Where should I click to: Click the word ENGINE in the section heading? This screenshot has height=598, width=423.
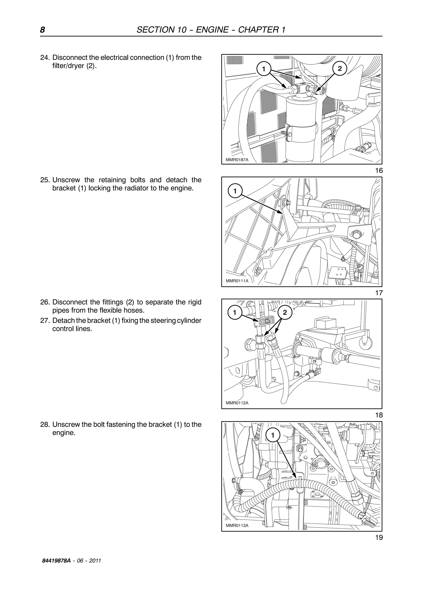pos(212,30)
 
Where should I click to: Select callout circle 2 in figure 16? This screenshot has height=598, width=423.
pos(339,69)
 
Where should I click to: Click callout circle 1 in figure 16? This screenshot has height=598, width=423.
pos(264,69)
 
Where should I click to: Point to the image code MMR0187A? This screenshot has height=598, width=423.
pos(237,160)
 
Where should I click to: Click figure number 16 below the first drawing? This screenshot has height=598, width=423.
pos(379,171)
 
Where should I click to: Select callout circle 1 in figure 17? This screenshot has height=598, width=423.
pos(235,191)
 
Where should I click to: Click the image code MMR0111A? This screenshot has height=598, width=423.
pos(237,281)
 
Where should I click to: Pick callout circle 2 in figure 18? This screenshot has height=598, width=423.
pos(285,312)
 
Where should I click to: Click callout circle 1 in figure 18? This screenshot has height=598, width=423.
pos(235,312)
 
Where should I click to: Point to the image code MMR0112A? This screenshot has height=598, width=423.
pos(237,403)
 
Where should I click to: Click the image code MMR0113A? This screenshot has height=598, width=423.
pos(237,525)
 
